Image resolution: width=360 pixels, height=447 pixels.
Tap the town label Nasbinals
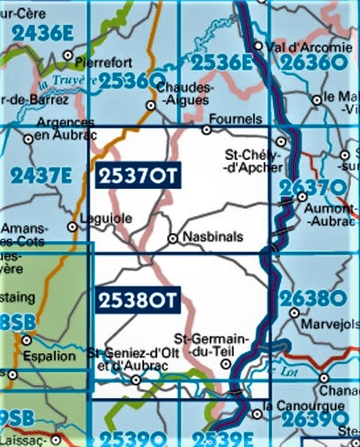coord(212,237)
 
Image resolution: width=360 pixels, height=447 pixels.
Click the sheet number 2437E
coord(41,176)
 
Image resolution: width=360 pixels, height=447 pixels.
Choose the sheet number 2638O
coord(312,299)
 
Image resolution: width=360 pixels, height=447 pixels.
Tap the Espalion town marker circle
coord(27,340)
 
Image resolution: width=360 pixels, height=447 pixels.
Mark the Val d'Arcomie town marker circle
coord(258,47)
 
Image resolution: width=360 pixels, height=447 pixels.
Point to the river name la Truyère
coord(67,81)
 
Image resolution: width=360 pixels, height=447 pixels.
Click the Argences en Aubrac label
coord(65,128)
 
